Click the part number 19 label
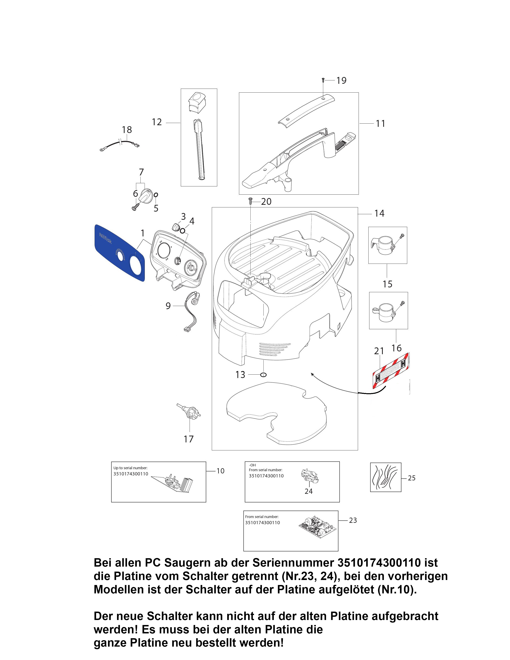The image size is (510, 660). [341, 80]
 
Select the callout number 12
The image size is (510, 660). [157, 122]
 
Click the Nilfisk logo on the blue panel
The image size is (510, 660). [105, 238]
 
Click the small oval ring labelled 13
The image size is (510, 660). [263, 375]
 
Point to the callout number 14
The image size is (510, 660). [379, 213]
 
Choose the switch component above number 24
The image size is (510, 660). [309, 475]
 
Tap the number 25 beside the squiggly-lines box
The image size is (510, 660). [412, 478]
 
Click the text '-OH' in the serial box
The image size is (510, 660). [252, 465]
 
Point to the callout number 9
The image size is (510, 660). [168, 306]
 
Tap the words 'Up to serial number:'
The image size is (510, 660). [130, 468]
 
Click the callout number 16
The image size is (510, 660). [396, 348]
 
